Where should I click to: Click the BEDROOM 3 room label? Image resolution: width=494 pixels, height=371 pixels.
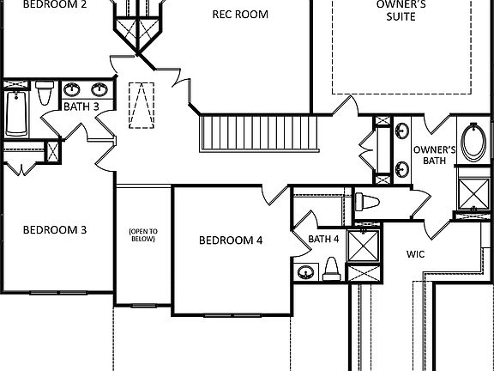pyautogui.click(x=54, y=230)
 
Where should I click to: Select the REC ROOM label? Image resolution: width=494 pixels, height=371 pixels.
pyautogui.click(x=240, y=15)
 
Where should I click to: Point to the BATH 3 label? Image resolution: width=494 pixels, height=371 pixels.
pyautogui.click(x=81, y=106)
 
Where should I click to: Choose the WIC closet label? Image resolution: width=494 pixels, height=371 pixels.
pyautogui.click(x=416, y=254)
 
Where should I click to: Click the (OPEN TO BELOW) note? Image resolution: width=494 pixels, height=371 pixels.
pyautogui.click(x=142, y=235)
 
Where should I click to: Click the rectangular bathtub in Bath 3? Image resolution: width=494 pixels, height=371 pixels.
pyautogui.click(x=16, y=113)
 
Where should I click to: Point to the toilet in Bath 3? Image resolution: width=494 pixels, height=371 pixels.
pyautogui.click(x=44, y=91)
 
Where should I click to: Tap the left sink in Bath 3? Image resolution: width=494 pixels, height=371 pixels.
pyautogui.click(x=74, y=88)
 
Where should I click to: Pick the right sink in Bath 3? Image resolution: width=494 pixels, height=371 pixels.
pyautogui.click(x=99, y=88)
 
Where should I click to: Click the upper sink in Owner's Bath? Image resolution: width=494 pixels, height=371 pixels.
pyautogui.click(x=402, y=131)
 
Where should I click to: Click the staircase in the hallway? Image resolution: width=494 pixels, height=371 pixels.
pyautogui.click(x=257, y=133)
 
